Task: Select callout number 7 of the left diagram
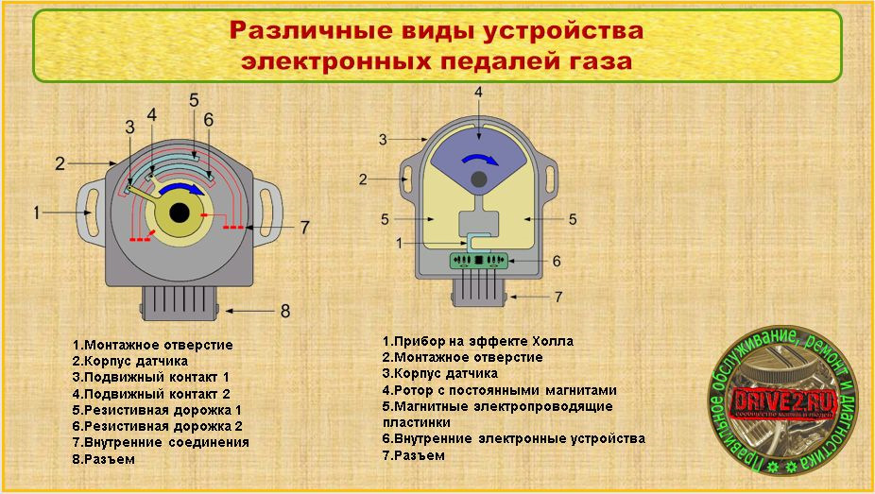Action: (x=304, y=227)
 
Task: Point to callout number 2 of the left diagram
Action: (x=59, y=163)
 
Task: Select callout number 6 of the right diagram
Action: (x=557, y=261)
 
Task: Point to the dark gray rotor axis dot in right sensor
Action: (x=479, y=179)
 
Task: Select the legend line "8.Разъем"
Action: (x=104, y=459)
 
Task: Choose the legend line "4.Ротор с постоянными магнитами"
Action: (x=499, y=389)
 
